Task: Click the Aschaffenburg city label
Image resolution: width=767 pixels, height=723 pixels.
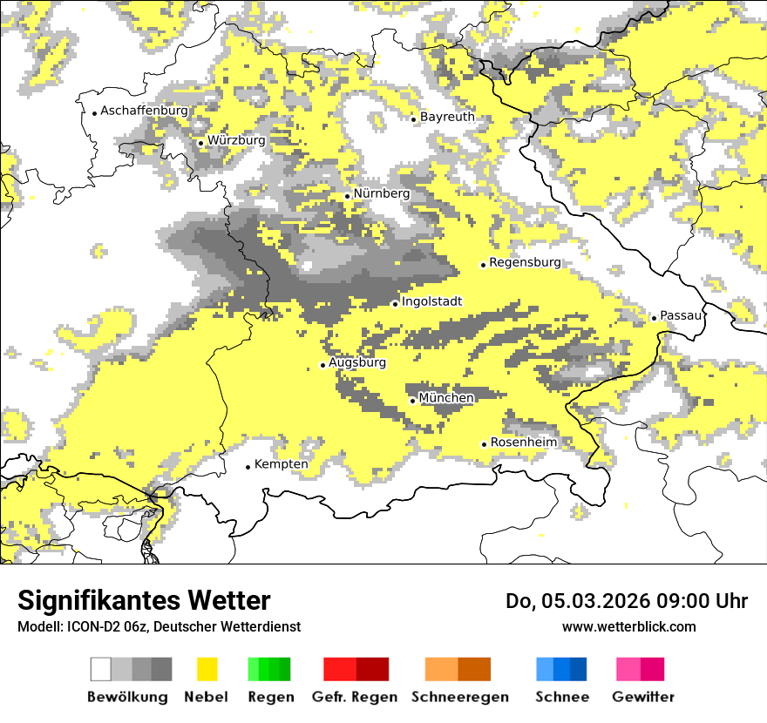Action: click(144, 111)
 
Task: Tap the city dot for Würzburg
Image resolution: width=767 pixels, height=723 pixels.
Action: click(200, 143)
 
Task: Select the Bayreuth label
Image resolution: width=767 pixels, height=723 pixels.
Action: click(447, 117)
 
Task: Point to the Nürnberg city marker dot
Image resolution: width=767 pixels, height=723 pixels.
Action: click(347, 196)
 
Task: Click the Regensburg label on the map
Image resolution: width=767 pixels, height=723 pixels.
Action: click(525, 262)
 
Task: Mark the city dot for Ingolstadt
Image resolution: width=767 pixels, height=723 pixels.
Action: click(395, 304)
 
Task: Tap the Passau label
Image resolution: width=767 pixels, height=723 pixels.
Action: click(681, 315)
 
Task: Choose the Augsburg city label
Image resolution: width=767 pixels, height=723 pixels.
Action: click(356, 362)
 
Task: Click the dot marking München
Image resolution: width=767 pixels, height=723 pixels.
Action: click(412, 401)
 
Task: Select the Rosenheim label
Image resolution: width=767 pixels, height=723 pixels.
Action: click(523, 443)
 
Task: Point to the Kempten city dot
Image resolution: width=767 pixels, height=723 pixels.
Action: click(248, 467)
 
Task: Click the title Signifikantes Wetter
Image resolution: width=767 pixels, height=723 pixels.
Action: click(144, 601)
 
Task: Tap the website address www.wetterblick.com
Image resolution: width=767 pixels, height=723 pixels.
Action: click(628, 627)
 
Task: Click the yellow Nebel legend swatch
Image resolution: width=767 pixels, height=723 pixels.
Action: click(207, 669)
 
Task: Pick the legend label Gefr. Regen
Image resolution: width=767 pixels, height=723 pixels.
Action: click(355, 697)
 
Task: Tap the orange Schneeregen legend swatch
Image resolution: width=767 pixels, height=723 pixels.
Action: click(441, 669)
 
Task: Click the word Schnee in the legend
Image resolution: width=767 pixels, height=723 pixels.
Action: click(561, 697)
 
